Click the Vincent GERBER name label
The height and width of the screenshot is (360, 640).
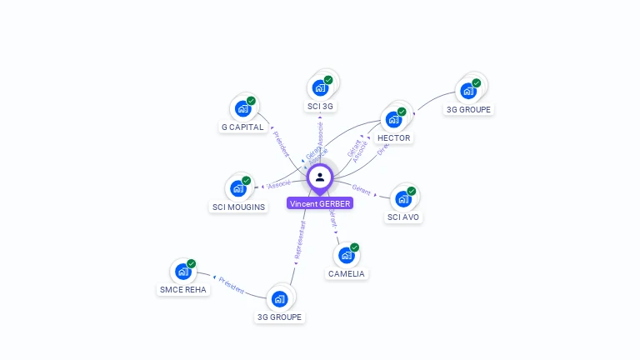(x=320, y=203)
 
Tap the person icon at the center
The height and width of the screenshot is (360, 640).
(x=320, y=177)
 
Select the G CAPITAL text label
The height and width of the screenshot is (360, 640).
(x=242, y=127)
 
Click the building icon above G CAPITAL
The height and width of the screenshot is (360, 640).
(x=243, y=108)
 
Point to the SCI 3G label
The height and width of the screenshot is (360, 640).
(x=320, y=106)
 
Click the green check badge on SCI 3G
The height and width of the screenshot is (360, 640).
(x=328, y=80)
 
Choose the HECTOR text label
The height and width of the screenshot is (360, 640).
(x=393, y=137)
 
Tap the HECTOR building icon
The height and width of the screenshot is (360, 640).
(x=393, y=119)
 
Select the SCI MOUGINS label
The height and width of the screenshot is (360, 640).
(x=238, y=207)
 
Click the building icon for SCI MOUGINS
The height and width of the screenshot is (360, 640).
(x=238, y=187)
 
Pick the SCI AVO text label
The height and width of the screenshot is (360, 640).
(x=403, y=217)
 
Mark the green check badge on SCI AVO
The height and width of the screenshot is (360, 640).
(x=411, y=191)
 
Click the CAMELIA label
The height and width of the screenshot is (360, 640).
(x=347, y=273)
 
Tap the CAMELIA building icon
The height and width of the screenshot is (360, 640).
(x=347, y=255)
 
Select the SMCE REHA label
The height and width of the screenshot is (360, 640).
(x=182, y=290)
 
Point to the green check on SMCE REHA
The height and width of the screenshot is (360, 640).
(x=191, y=263)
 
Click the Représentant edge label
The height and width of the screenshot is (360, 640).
(x=301, y=243)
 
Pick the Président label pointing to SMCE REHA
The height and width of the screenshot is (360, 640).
(x=232, y=285)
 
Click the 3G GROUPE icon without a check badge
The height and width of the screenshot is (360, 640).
(x=279, y=298)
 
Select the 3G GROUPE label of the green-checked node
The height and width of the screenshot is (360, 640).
(x=468, y=109)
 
